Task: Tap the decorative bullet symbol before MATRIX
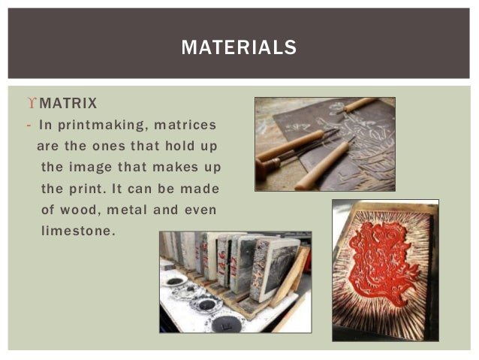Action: [30, 102]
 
